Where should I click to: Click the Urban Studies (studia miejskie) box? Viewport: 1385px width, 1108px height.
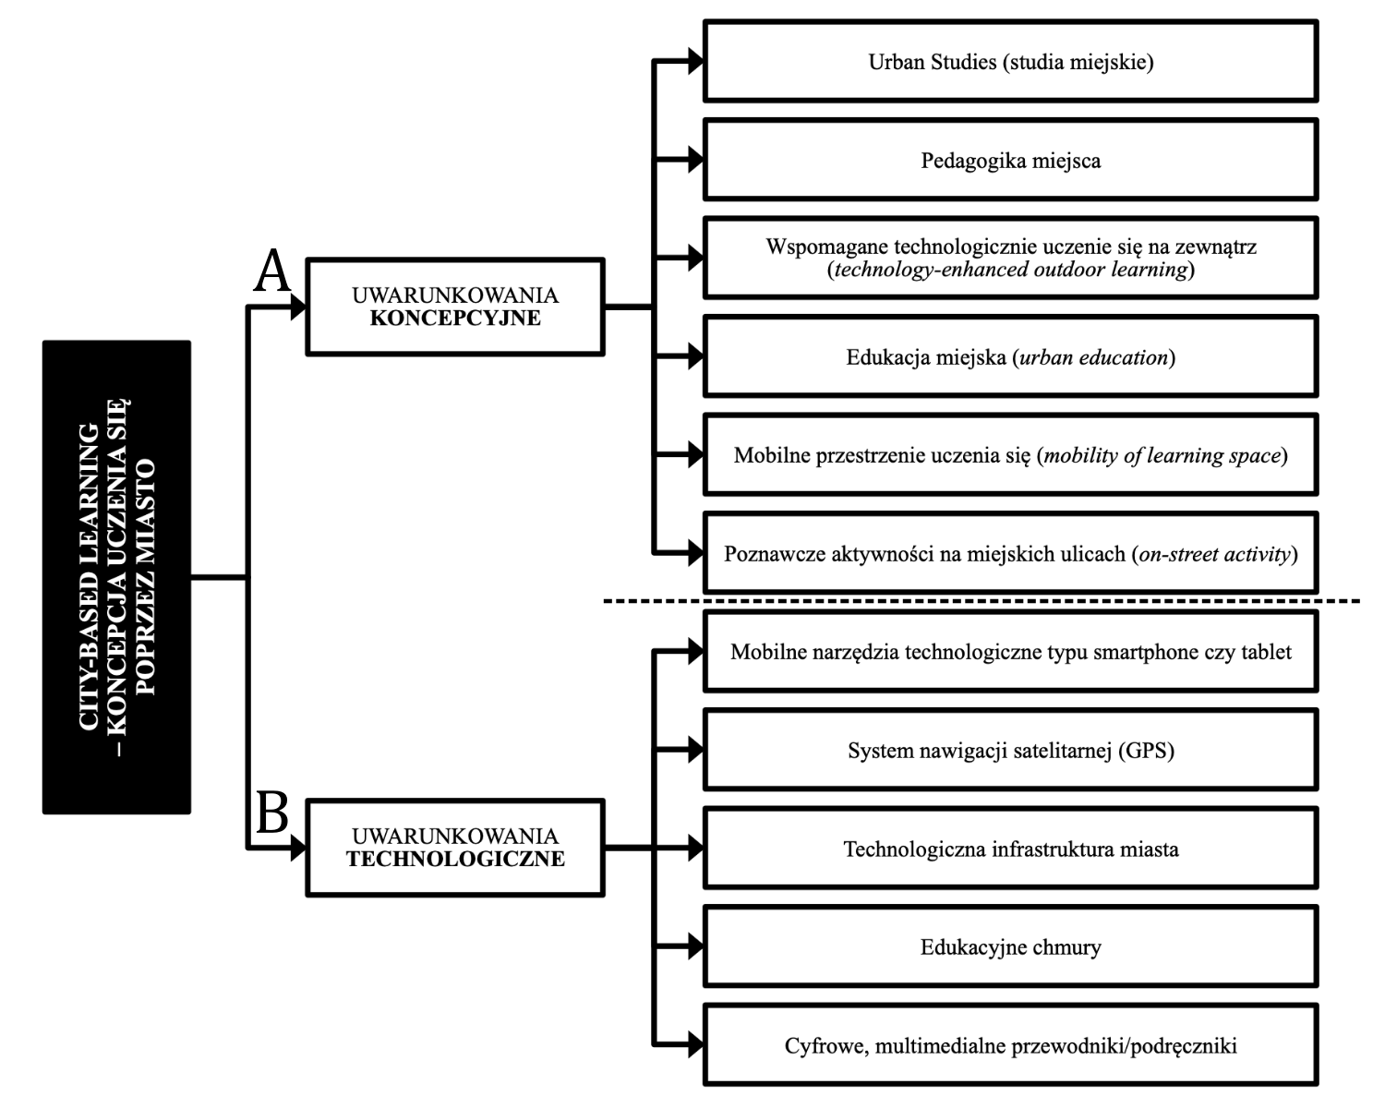point(1010,62)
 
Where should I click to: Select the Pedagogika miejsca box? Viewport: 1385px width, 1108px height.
point(1010,160)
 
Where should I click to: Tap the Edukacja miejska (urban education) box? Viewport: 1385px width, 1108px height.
point(1010,356)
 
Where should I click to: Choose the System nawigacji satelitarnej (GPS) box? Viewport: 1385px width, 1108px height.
point(1010,750)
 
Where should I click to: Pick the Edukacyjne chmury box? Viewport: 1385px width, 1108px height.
point(1010,946)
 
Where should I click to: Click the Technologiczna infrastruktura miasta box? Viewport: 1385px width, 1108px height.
point(1010,849)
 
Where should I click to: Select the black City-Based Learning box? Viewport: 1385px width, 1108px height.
point(116,577)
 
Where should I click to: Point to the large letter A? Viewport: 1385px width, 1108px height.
point(271,273)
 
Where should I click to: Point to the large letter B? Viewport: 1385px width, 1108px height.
point(271,814)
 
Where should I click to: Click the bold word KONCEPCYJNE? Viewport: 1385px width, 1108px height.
point(455,319)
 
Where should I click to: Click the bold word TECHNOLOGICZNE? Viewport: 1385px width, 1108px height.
point(455,860)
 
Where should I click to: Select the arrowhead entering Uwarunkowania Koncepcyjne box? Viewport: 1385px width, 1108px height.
point(297,307)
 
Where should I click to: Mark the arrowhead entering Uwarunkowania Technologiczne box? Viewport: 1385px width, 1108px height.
point(297,848)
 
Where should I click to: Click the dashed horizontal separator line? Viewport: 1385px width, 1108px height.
point(979,602)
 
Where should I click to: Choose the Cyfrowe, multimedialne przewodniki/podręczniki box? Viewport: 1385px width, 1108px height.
point(1010,1045)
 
